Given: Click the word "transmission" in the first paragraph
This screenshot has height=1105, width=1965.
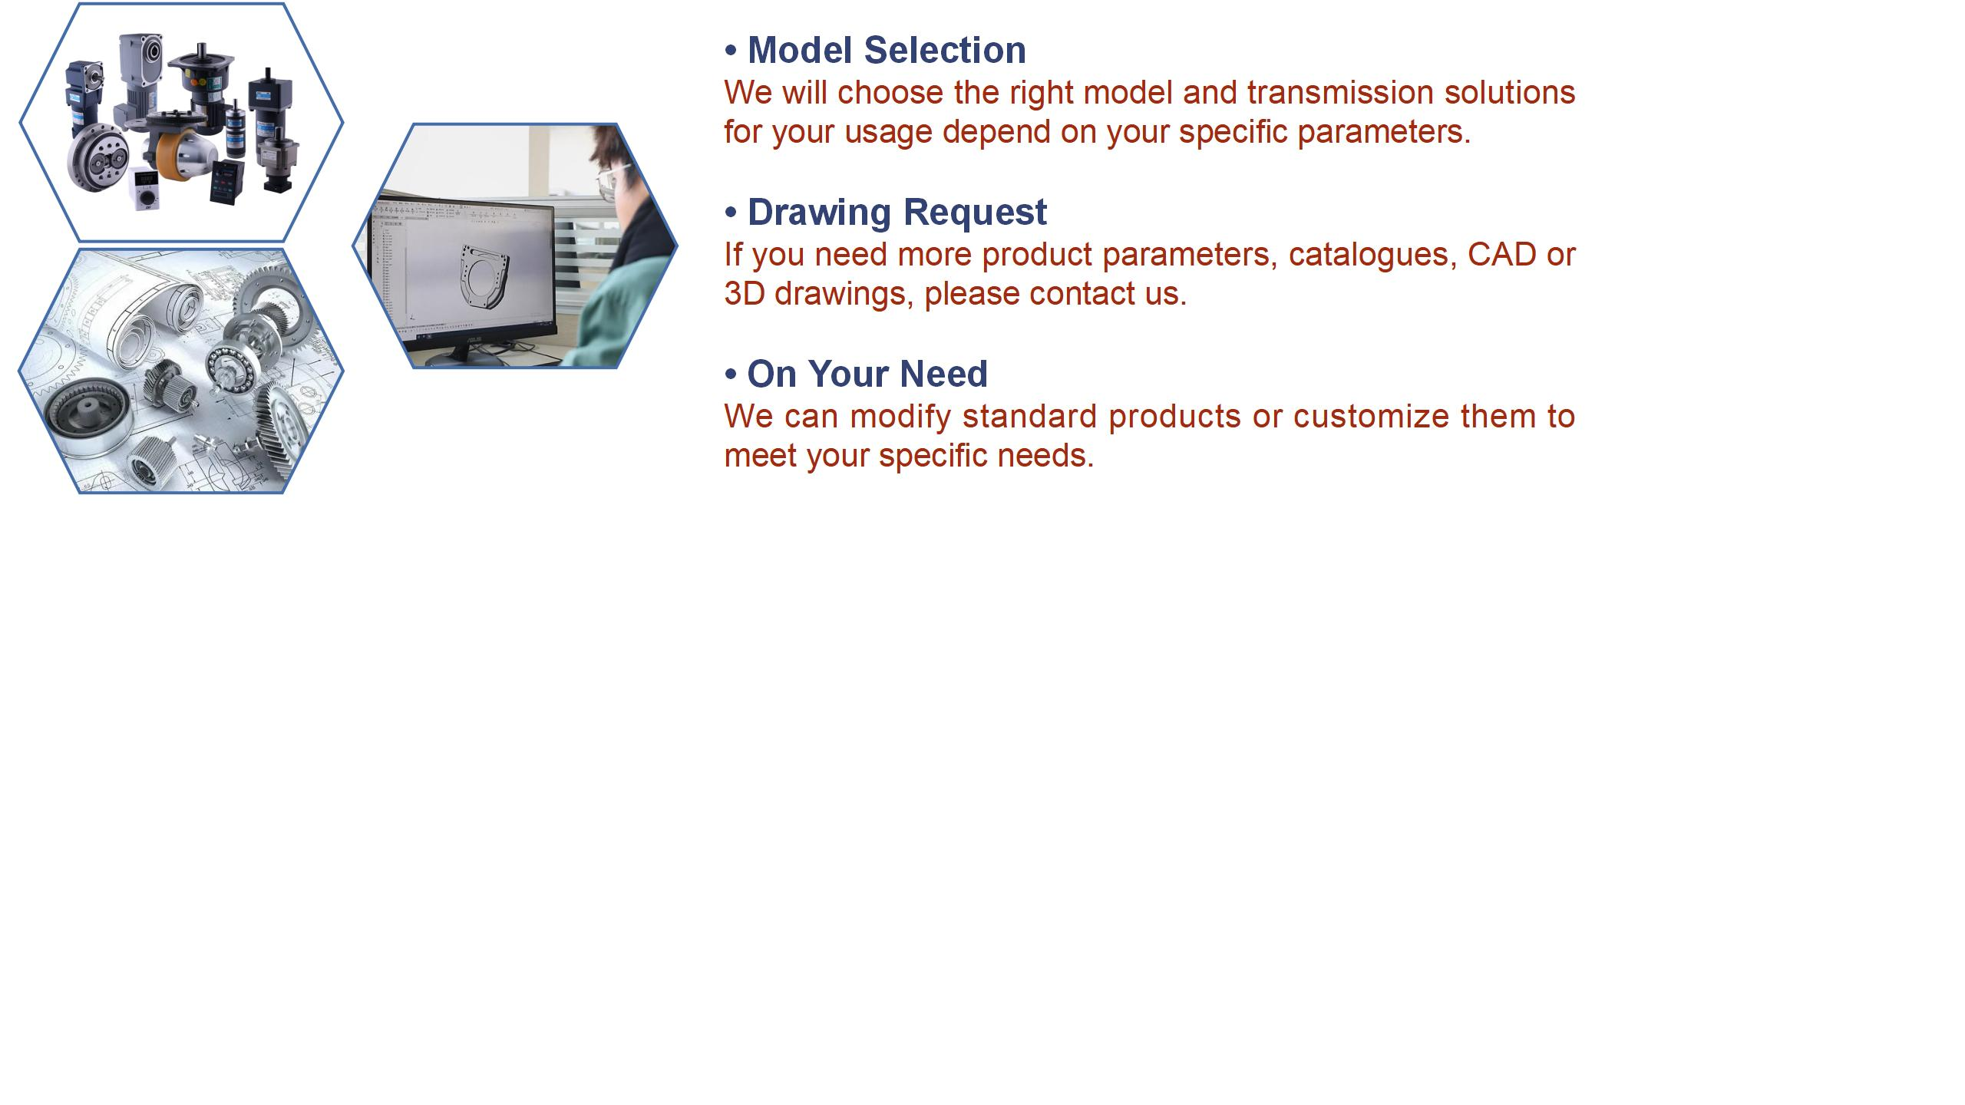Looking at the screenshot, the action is pyautogui.click(x=1340, y=93).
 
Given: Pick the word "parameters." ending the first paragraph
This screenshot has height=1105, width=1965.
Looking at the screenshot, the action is pyautogui.click(x=1384, y=133).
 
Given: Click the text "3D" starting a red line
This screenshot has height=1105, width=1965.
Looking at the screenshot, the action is pyautogui.click(x=744, y=294).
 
